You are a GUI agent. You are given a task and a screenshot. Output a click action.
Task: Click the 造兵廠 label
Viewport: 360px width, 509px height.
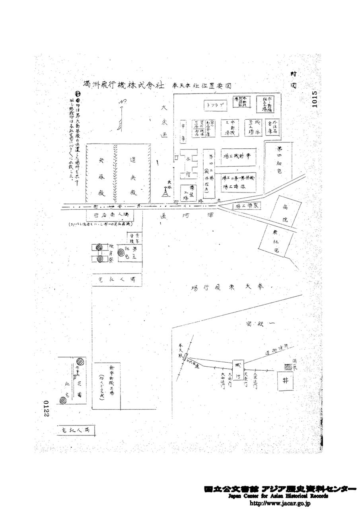[133, 175]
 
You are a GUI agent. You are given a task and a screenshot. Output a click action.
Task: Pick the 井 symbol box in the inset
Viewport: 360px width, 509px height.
[285, 380]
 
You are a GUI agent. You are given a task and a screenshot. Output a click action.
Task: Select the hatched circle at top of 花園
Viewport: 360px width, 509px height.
[81, 361]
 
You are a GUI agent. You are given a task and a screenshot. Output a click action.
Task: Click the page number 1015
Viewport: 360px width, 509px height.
[315, 99]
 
